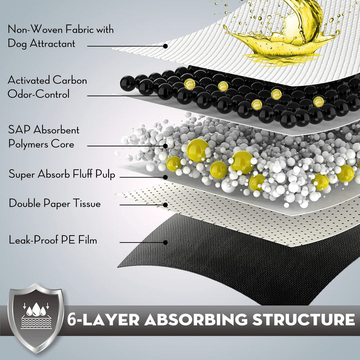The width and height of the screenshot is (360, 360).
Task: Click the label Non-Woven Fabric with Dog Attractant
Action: point(60,36)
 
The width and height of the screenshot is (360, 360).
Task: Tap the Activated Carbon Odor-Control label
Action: point(47,87)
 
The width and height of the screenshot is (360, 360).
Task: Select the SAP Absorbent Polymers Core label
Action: point(44,137)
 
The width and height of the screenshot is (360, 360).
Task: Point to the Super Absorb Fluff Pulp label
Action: point(62,174)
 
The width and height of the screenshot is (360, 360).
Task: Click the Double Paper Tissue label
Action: point(54,203)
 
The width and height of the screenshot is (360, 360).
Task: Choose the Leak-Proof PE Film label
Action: point(52,240)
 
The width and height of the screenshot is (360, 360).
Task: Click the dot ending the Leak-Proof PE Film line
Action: point(165,242)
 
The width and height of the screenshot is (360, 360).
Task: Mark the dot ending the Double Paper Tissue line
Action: point(166,204)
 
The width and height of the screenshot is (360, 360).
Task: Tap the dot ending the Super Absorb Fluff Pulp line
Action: point(165,176)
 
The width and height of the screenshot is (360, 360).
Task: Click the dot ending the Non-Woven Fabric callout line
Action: point(165,45)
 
